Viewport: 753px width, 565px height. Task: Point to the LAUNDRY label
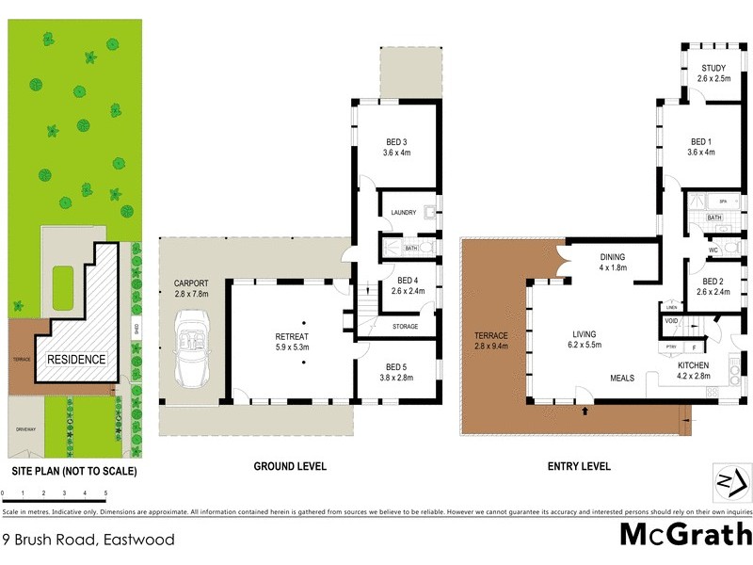403,214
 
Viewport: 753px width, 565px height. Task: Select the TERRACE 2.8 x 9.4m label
490,341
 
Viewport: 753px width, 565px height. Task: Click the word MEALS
620,378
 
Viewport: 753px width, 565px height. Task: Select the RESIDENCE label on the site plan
76,359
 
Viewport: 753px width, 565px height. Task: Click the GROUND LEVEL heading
290,466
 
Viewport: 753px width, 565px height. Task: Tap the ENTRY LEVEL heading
579,466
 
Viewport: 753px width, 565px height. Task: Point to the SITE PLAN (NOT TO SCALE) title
74,471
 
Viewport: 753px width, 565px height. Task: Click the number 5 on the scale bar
105,493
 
